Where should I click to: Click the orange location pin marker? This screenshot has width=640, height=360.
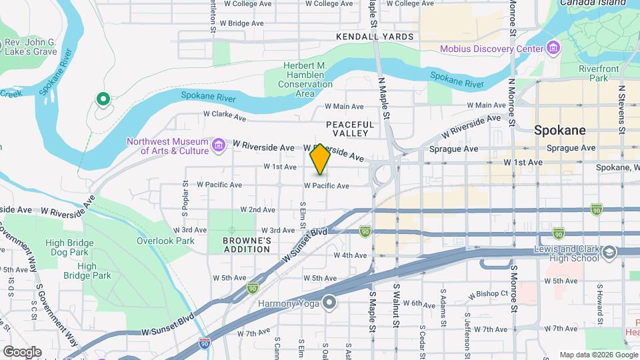pyautogui.click(x=320, y=159)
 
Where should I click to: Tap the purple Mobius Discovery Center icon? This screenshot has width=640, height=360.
pyautogui.click(x=552, y=49)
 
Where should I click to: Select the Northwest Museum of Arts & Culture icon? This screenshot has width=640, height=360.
pyautogui.click(x=218, y=145)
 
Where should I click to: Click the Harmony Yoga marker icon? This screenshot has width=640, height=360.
pyautogui.click(x=329, y=303)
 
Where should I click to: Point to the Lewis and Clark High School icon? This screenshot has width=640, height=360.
pyautogui.click(x=609, y=253)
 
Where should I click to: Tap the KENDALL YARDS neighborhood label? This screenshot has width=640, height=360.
pyautogui.click(x=375, y=37)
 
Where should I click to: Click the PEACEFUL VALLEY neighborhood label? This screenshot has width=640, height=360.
pyautogui.click(x=350, y=129)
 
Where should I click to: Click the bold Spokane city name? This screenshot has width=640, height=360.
pyautogui.click(x=560, y=131)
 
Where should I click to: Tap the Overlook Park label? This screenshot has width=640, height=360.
pyautogui.click(x=165, y=241)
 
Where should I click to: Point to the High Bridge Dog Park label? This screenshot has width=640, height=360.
pyautogui.click(x=67, y=248)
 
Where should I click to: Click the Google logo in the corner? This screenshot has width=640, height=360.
pyautogui.click(x=21, y=351)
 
